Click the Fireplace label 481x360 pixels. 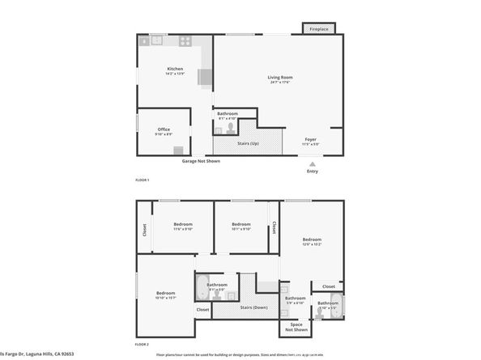coord(320,30)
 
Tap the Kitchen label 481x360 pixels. coord(175,69)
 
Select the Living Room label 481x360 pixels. coord(280,78)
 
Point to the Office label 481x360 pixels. coord(164,129)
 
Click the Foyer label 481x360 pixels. coord(310,139)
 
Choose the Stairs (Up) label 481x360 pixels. coord(248,143)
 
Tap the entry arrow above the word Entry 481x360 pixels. coord(313,163)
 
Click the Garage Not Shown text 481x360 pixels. coord(201,161)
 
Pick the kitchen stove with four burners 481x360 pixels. coord(185,40)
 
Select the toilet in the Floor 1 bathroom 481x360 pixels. coord(230,128)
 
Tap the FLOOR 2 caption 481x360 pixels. coord(143,344)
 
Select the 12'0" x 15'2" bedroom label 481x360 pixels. coord(313,239)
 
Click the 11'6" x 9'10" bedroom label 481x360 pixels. coord(183,224)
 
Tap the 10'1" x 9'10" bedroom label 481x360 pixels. coord(241,224)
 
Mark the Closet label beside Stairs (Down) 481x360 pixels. coord(202,309)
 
